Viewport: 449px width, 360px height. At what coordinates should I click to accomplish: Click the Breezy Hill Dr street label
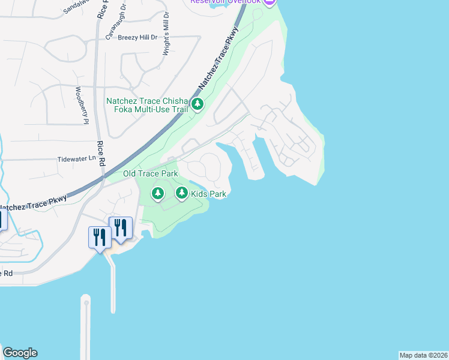(137, 37)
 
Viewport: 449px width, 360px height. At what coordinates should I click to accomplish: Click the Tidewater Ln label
(76, 159)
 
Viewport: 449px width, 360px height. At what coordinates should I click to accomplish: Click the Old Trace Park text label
(151, 173)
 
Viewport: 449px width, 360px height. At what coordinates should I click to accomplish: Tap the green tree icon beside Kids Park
(182, 193)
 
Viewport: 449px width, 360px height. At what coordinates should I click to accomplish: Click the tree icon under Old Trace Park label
(157, 193)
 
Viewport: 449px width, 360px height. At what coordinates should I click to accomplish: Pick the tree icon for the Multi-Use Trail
(197, 105)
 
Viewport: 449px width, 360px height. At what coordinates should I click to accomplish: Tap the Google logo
(20, 353)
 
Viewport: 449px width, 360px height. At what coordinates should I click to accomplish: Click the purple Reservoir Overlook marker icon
(269, 2)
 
